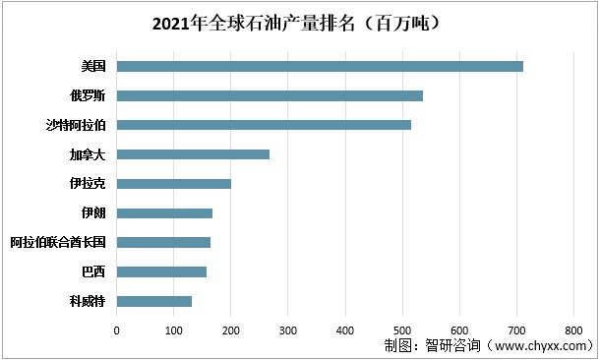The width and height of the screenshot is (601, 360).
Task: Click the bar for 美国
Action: pos(320,66)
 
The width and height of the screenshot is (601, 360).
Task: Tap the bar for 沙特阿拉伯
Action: pos(264,125)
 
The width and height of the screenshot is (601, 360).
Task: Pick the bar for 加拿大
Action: pos(193,154)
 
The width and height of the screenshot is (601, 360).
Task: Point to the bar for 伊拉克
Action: pos(174,184)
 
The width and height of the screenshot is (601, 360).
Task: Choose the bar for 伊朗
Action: pos(164,212)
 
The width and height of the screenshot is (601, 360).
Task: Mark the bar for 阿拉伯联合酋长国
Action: pos(163,242)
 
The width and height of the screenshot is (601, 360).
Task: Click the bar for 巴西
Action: pos(161,271)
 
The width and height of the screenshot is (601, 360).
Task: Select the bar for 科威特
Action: pos(154,301)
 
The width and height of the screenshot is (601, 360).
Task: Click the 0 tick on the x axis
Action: pos(117,330)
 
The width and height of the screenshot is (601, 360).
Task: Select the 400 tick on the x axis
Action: pos(345,330)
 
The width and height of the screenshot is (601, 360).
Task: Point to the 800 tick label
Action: pos(573,330)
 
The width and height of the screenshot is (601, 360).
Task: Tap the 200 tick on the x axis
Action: pos(231,330)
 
